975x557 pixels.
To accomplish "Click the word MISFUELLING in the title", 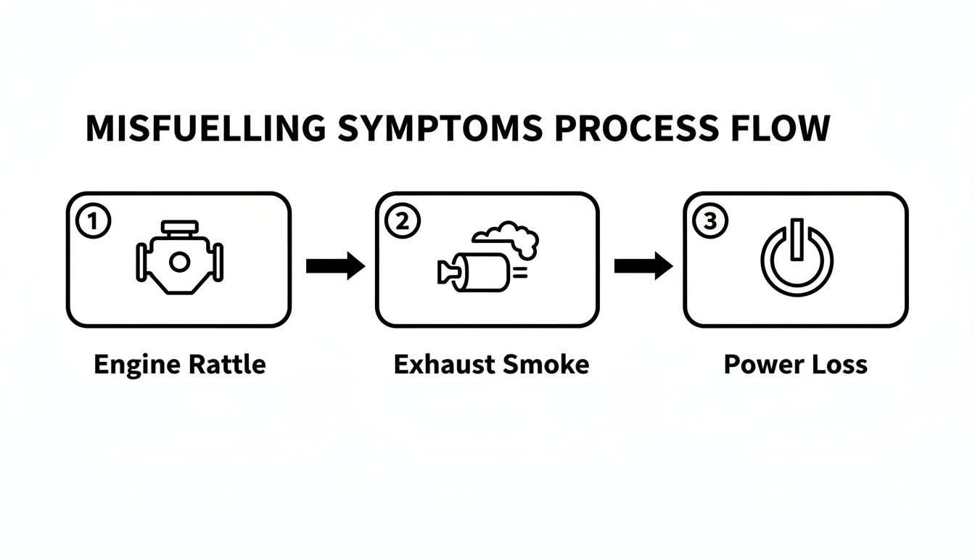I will pyautogui.click(x=205, y=128).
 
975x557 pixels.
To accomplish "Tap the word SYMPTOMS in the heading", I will pyautogui.click(x=440, y=128).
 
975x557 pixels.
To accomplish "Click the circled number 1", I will pyautogui.click(x=93, y=222).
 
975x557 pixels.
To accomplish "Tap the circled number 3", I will pyautogui.click(x=709, y=222).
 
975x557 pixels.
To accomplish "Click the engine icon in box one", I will pyautogui.click(x=179, y=259).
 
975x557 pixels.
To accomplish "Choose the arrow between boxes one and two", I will pyautogui.click(x=334, y=266).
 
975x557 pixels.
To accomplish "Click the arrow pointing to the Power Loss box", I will pyautogui.click(x=643, y=266).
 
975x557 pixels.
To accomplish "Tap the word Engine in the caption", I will pyautogui.click(x=137, y=364).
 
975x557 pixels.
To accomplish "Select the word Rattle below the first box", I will pyautogui.click(x=228, y=363).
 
